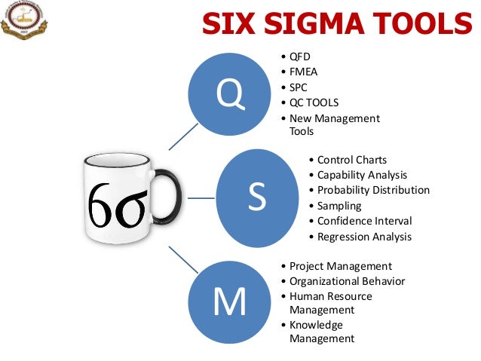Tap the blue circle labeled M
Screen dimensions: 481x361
click(230, 301)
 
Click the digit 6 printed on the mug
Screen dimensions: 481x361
click(101, 203)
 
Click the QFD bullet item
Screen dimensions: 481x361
click(300, 57)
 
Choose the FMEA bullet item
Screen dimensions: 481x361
click(304, 72)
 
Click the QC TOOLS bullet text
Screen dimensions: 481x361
click(314, 103)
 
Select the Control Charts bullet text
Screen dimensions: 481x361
click(351, 160)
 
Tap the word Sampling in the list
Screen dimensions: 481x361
click(339, 206)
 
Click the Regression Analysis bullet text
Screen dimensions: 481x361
click(364, 237)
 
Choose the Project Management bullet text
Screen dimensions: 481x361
click(341, 266)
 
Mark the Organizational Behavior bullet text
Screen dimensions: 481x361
click(347, 281)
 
